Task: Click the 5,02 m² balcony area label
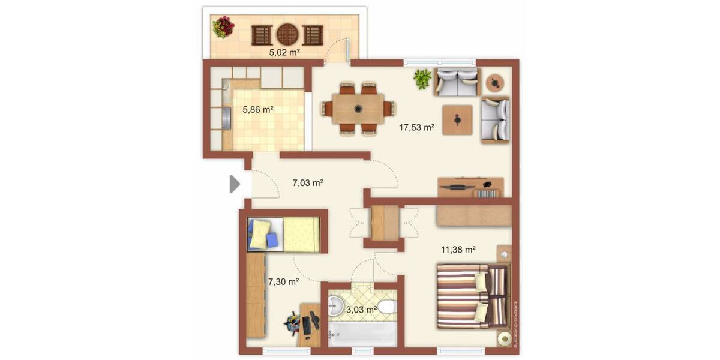click(x=284, y=52)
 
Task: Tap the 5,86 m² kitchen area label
click(x=258, y=110)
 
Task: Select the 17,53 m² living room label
click(x=416, y=127)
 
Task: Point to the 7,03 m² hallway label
click(x=308, y=182)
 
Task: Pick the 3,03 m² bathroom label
click(x=362, y=310)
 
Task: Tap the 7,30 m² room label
click(x=284, y=281)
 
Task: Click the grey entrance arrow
click(x=234, y=184)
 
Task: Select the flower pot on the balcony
click(x=223, y=27)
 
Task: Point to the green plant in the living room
click(x=422, y=79)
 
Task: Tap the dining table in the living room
click(x=358, y=109)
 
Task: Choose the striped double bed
click(x=472, y=296)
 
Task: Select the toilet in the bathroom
click(x=388, y=309)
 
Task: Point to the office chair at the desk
click(x=293, y=324)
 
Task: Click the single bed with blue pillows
click(x=283, y=233)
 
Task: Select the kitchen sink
click(x=226, y=118)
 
